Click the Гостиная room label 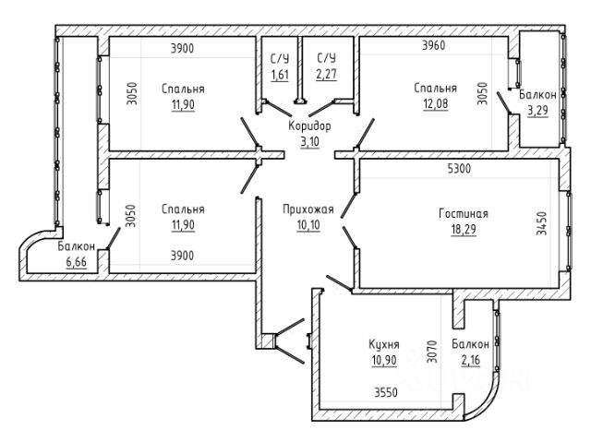[x=464, y=213]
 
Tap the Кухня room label [x=384, y=344]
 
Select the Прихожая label [x=308, y=209]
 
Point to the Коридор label [x=309, y=125]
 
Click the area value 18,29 [x=464, y=229]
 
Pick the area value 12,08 [x=435, y=103]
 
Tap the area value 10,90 [x=384, y=360]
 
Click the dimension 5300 [x=459, y=168]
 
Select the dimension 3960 [x=433, y=45]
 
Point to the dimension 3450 [x=541, y=223]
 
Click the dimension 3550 [x=386, y=393]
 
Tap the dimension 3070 [x=432, y=352]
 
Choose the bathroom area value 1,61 [x=280, y=75]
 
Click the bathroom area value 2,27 [x=326, y=74]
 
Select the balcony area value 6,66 [x=76, y=262]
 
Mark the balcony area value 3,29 [x=537, y=111]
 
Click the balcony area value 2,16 [x=471, y=360]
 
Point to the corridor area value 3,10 [x=309, y=141]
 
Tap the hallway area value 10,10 [x=308, y=225]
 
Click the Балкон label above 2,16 [x=471, y=344]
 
